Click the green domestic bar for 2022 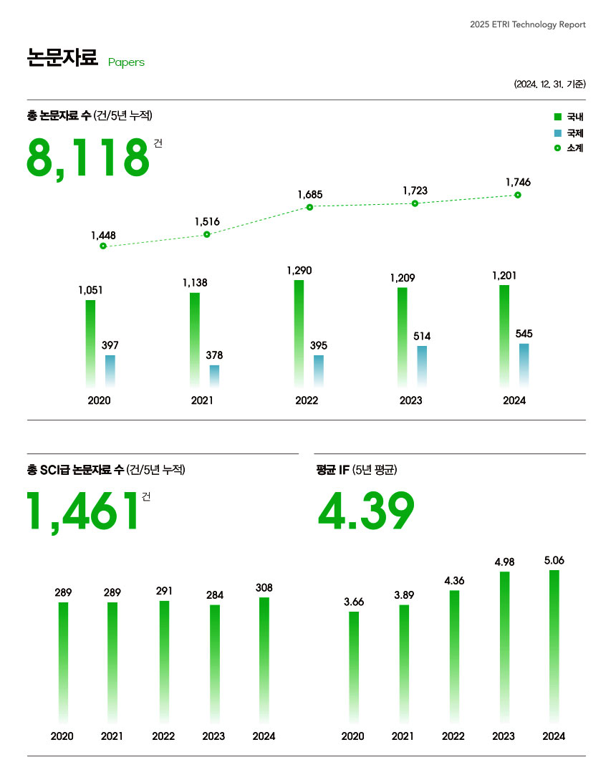[299, 333]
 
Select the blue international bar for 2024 [524, 365]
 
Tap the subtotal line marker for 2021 [207, 234]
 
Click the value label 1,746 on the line [518, 183]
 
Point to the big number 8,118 [88, 158]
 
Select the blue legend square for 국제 [557, 133]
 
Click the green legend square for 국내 [557, 116]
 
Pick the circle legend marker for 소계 [557, 148]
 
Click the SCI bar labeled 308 [264, 659]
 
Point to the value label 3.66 [354, 602]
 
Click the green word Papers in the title [126, 62]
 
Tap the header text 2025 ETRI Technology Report [527, 24]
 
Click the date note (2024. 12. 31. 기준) [549, 84]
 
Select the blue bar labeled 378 [214, 376]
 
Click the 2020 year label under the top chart [99, 400]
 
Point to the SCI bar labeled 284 [214, 663]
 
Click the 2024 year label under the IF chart [554, 736]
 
